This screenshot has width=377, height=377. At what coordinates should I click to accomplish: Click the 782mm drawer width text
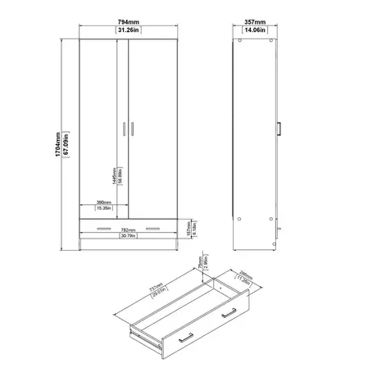(129, 230)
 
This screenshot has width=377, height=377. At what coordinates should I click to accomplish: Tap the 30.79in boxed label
(129, 238)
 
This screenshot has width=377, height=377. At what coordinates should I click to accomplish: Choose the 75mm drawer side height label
(200, 265)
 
